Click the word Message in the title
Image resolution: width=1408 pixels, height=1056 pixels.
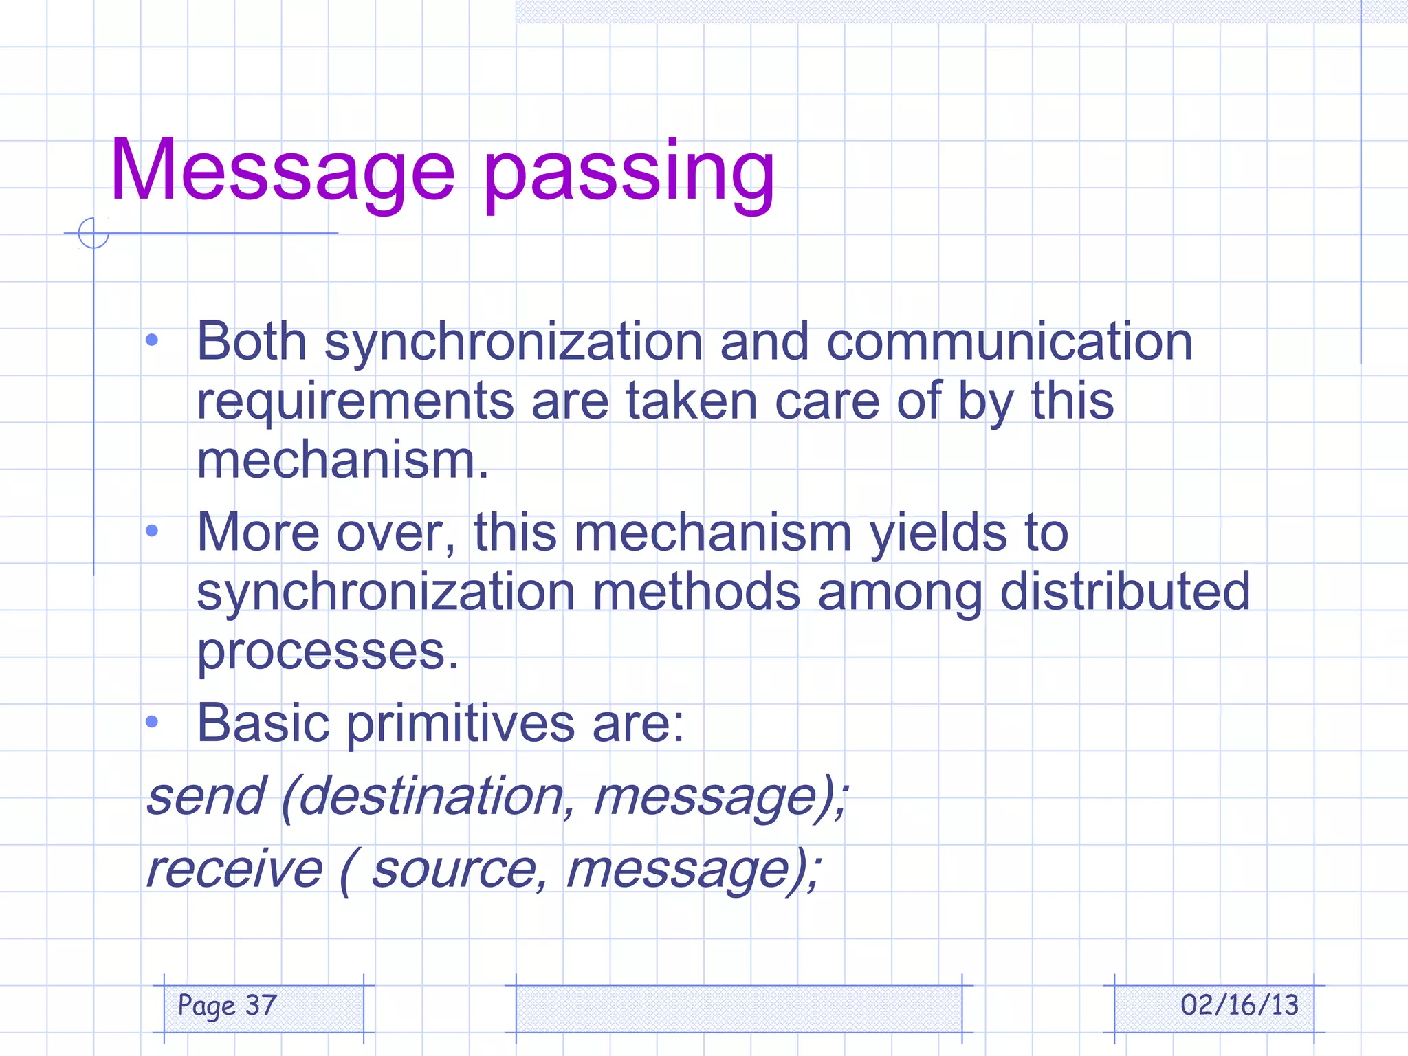click(282, 170)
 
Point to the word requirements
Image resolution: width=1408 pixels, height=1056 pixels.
click(355, 401)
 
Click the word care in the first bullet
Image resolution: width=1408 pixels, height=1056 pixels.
click(827, 401)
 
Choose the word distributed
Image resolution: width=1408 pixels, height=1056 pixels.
click(1125, 591)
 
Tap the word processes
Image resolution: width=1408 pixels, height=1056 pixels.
click(327, 651)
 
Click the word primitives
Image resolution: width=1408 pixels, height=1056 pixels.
click(460, 724)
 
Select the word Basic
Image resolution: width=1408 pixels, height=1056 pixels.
click(263, 724)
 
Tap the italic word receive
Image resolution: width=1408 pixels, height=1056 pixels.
click(234, 869)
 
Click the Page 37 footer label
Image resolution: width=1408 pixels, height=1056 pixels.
click(228, 1006)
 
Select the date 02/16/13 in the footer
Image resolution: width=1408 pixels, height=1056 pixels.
click(1239, 1006)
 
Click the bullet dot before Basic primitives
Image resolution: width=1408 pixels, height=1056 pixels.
click(153, 722)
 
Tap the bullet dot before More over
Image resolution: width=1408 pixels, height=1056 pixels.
click(153, 531)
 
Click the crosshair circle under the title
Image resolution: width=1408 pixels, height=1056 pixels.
click(93, 233)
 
